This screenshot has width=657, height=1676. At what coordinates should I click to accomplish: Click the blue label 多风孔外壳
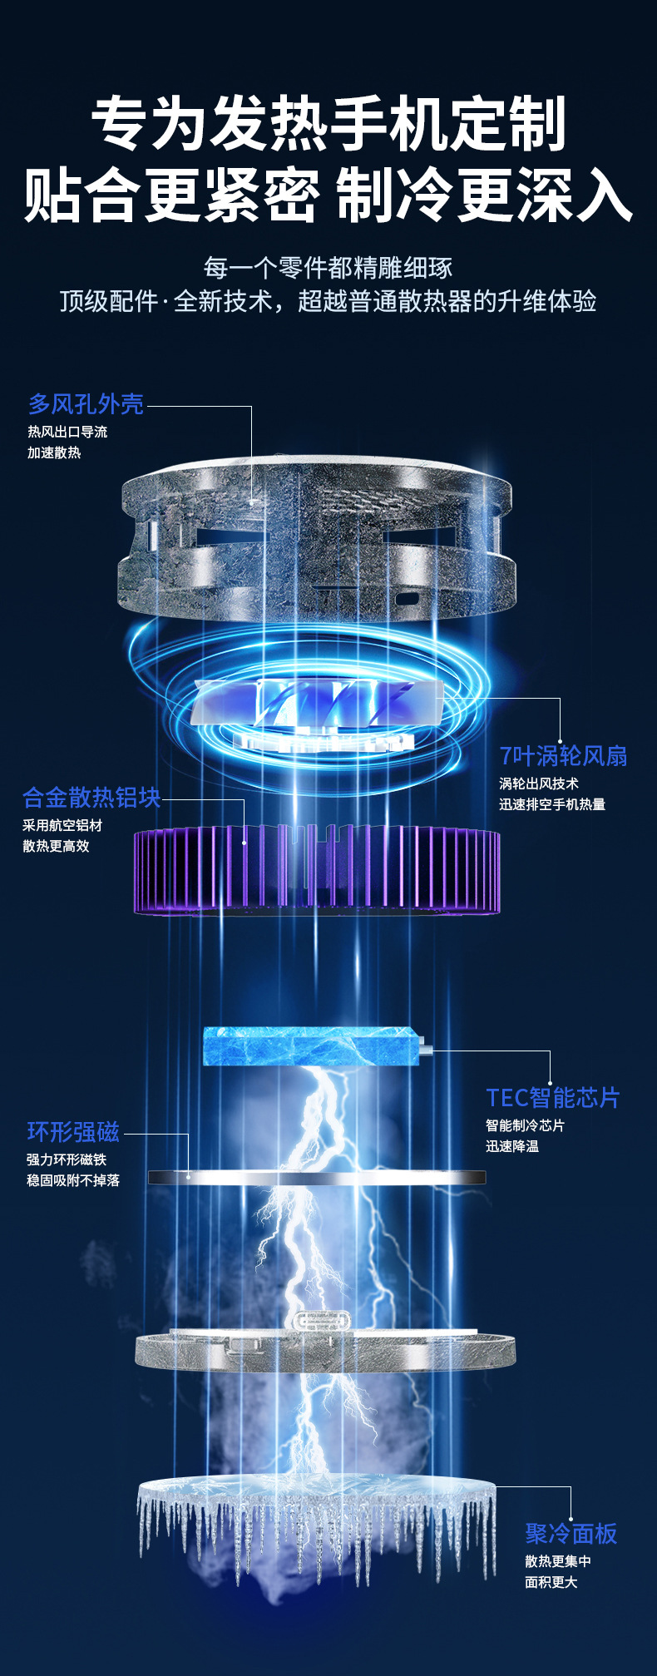[x=86, y=404]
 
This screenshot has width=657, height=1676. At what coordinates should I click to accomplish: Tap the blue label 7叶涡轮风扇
[x=563, y=756]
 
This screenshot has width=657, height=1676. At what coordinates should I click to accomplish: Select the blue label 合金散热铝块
[x=91, y=798]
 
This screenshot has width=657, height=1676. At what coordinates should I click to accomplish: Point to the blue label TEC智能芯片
[x=553, y=1098]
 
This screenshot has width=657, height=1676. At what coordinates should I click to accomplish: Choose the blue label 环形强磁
[x=73, y=1132]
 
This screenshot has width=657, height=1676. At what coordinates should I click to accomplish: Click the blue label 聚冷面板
[x=571, y=1534]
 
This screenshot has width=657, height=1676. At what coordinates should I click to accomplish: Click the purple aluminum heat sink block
[x=317, y=870]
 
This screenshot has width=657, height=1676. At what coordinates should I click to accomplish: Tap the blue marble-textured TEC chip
[x=312, y=1046]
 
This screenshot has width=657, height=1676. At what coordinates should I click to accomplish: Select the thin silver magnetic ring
[x=317, y=1177]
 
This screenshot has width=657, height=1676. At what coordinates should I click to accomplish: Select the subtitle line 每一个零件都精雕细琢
[x=328, y=268]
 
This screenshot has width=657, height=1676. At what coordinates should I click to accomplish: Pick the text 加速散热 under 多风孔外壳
[x=54, y=453]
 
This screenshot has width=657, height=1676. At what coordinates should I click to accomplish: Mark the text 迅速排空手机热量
[x=552, y=804]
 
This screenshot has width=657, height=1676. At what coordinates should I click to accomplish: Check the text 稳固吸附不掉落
[x=73, y=1180]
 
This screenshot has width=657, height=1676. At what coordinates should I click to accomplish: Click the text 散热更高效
[x=56, y=847]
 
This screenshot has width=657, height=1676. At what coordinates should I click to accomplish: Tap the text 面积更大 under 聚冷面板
[x=551, y=1582]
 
